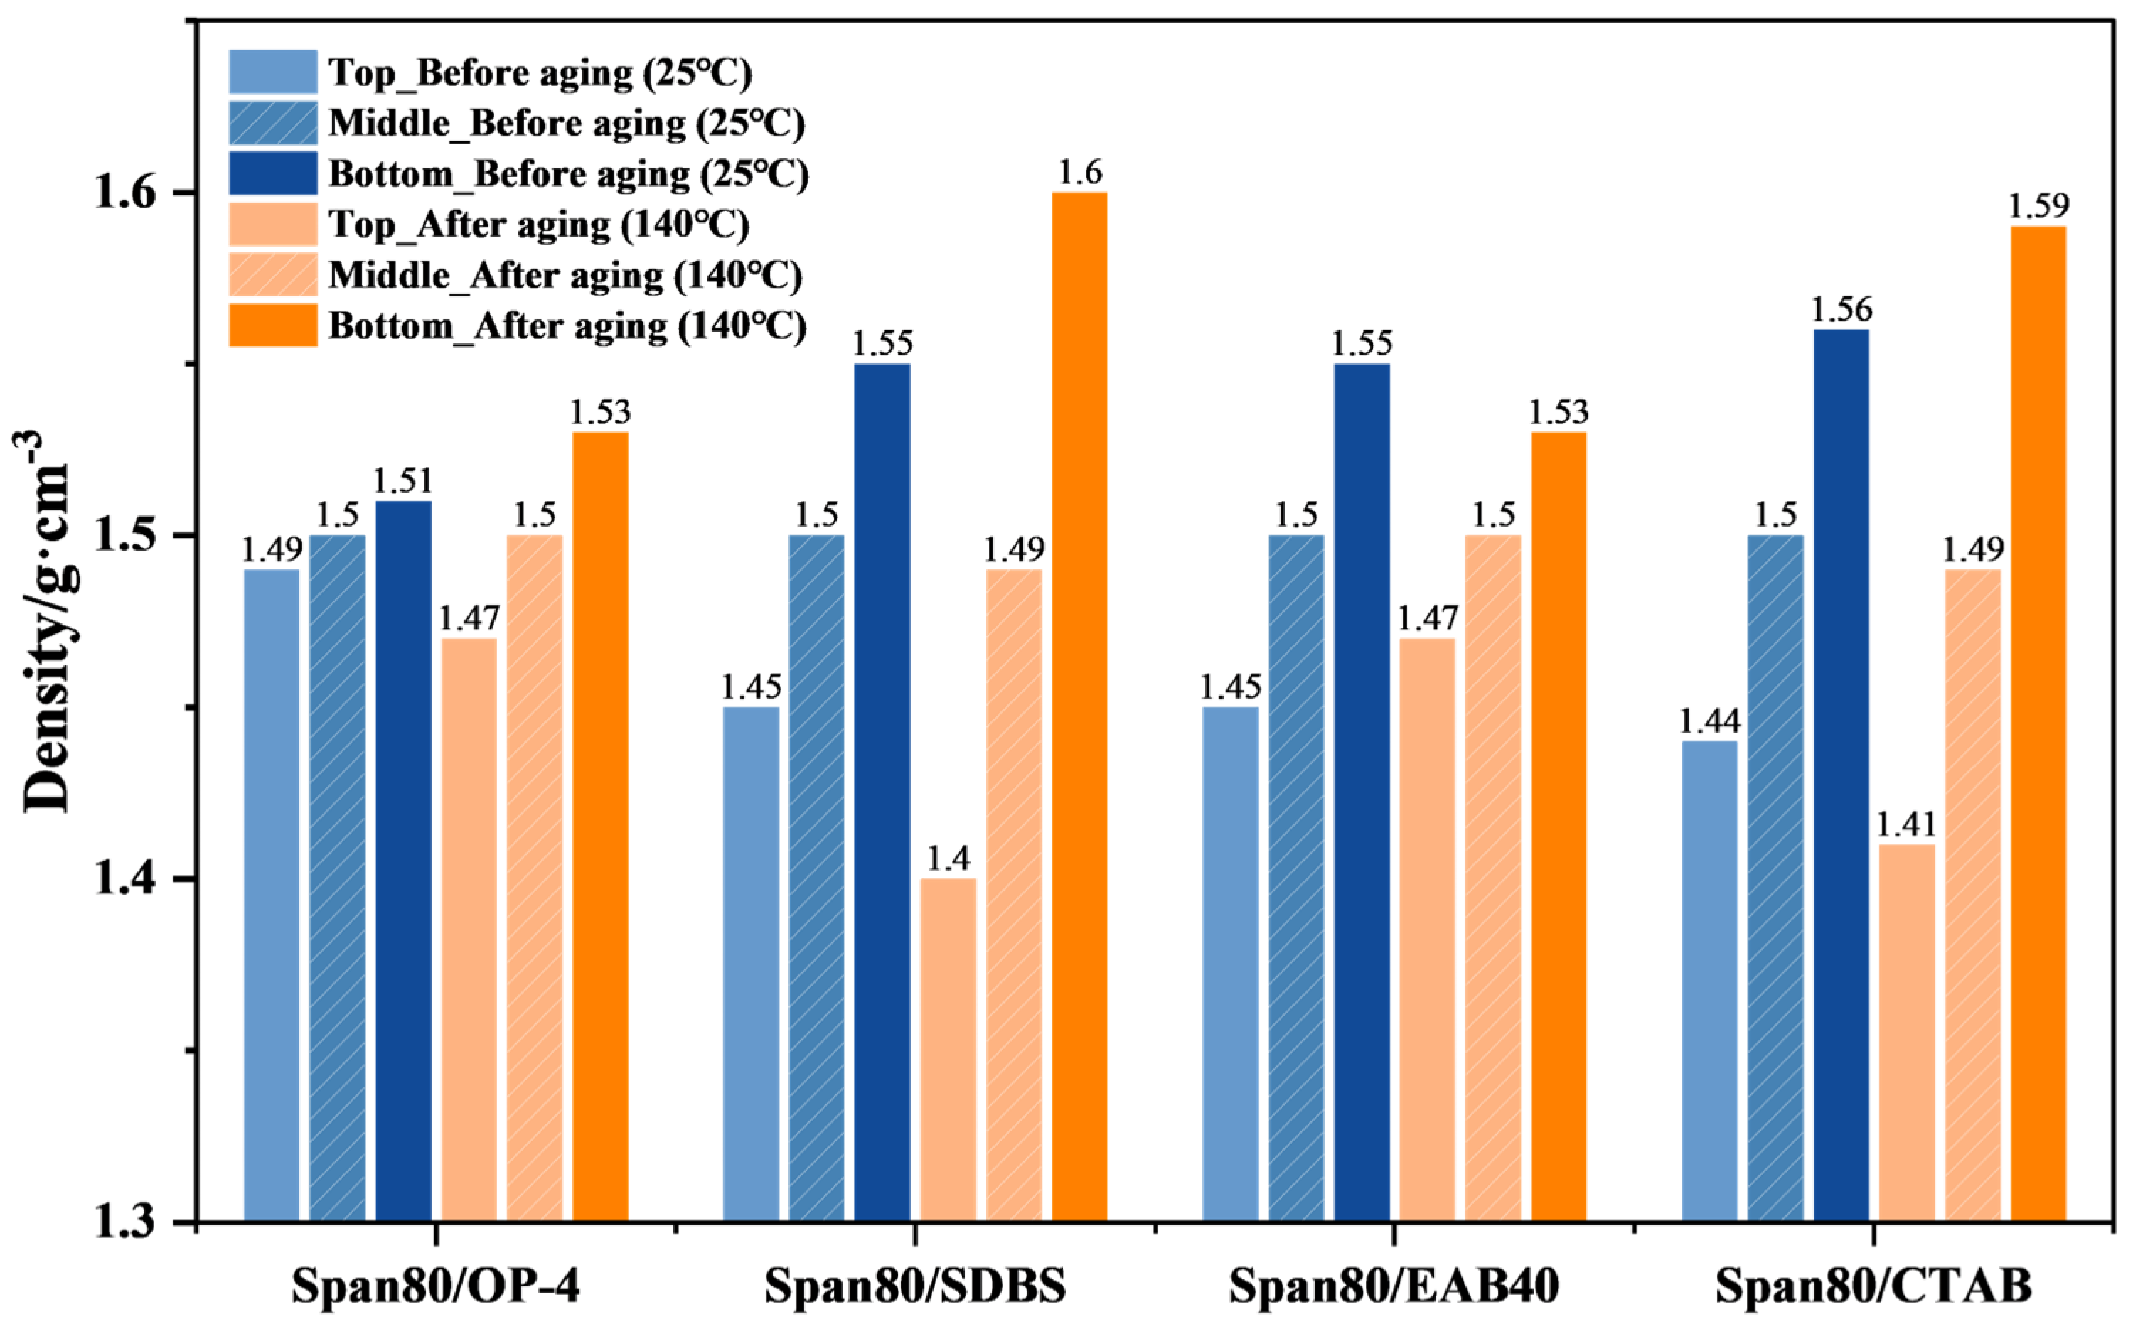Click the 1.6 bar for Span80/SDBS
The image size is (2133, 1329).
(x=1080, y=706)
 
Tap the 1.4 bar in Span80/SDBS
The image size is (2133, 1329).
(x=948, y=1050)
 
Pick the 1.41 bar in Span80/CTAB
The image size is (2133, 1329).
(x=1907, y=1033)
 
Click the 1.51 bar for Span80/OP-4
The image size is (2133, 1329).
(x=404, y=861)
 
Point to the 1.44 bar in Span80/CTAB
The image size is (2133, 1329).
(x=1709, y=981)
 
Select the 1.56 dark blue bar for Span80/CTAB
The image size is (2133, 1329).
(x=1841, y=775)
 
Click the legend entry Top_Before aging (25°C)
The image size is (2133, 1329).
(x=491, y=72)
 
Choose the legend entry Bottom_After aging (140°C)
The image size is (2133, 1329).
(x=517, y=325)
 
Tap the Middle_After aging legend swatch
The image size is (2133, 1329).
(x=272, y=275)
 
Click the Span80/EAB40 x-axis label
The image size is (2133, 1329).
(x=1394, y=1285)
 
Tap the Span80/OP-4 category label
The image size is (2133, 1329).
(x=436, y=1285)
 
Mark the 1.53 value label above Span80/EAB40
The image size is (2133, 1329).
(x=1559, y=411)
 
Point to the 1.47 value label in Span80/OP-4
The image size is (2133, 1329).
(x=469, y=618)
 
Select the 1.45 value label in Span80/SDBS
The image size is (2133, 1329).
(x=751, y=687)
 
